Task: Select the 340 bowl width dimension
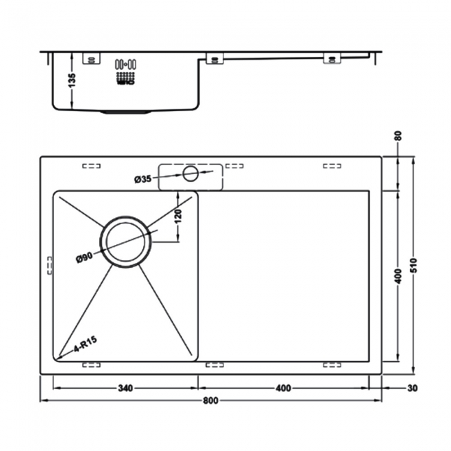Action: [x=126, y=388]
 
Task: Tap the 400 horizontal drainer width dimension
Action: [x=282, y=388]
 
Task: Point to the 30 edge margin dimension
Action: [x=414, y=388]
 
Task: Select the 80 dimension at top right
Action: [x=398, y=135]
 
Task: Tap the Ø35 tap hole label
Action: [x=143, y=180]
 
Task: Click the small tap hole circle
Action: [x=189, y=173]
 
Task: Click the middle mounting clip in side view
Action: [x=214, y=59]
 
